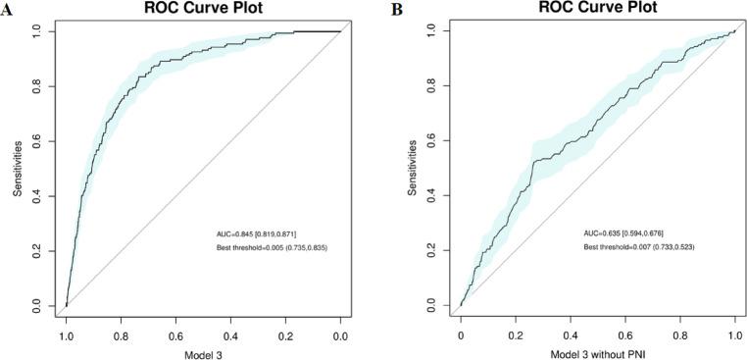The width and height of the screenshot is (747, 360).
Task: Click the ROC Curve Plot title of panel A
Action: [203, 8]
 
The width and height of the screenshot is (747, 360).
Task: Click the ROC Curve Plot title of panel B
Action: [597, 8]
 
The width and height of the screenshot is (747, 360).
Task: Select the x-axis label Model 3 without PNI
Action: [597, 349]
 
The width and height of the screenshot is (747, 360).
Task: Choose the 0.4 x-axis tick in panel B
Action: [571, 334]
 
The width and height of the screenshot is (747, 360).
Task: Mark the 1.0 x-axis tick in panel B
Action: [734, 334]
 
